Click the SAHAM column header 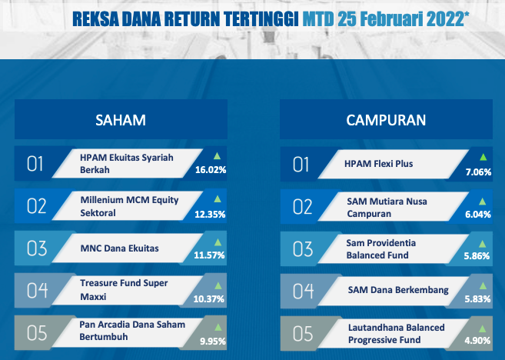tap(121, 120)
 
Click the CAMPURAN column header tap(386, 120)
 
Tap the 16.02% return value tap(211, 170)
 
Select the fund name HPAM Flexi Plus tap(378, 164)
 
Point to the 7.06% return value tap(478, 172)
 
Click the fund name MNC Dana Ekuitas tap(119, 248)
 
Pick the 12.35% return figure tap(210, 215)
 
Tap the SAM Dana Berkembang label tap(398, 290)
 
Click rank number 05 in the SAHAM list tap(37, 333)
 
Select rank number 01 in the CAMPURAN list tap(301, 165)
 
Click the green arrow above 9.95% tap(218, 328)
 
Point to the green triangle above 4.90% tap(482, 328)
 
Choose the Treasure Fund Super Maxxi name tap(124, 290)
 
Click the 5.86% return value tap(477, 256)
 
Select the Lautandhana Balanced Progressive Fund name tap(396, 334)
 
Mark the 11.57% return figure tap(209, 255)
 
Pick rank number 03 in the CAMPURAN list tap(303, 249)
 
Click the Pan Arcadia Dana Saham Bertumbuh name tap(132, 331)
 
